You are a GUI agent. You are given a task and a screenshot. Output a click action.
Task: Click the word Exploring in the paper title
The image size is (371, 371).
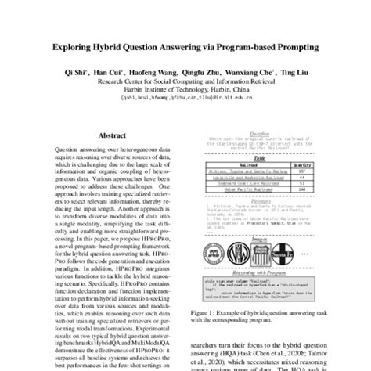click(x=75, y=46)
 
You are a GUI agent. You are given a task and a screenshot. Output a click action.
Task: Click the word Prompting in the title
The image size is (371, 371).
click(x=294, y=46)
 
